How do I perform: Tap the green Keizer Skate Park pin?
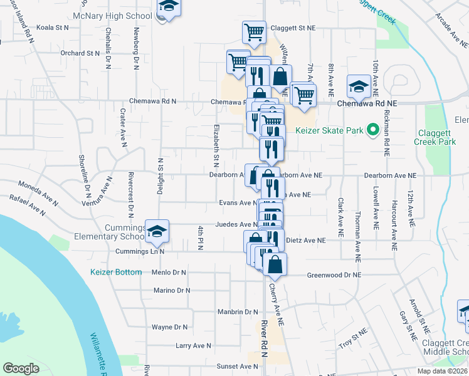(372, 130)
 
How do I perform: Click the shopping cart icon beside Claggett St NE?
(253, 31)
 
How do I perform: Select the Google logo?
(21, 368)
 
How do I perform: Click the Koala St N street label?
(53, 28)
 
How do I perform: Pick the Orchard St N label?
(81, 53)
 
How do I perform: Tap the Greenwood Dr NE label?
(334, 275)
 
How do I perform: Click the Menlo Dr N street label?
(169, 273)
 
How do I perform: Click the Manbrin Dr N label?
(238, 311)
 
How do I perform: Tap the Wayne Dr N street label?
(169, 327)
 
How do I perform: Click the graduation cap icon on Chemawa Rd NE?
(359, 87)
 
